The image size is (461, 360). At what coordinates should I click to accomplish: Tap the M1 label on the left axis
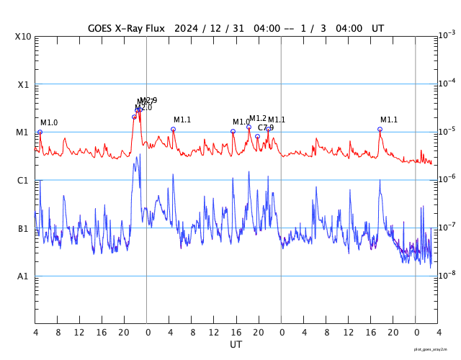tap(23, 132)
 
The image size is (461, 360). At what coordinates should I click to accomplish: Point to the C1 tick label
tap(23, 181)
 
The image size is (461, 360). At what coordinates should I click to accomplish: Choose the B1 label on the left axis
tap(23, 229)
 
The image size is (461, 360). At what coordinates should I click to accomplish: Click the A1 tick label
tap(23, 276)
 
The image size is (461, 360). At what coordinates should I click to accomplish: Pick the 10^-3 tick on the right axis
tap(447, 35)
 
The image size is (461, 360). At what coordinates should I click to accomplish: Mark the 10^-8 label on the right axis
tap(447, 274)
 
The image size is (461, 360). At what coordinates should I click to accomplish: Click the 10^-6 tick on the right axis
tap(447, 179)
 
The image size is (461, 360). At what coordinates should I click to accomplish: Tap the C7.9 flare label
tap(266, 127)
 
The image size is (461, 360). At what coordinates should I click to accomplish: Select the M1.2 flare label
tap(258, 118)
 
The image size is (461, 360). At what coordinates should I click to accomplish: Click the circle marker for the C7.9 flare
tap(257, 136)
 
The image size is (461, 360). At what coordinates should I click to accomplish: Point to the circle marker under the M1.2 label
tap(249, 127)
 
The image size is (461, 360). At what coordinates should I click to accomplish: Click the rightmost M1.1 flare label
tap(389, 120)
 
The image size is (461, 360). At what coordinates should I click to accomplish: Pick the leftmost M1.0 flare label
tap(49, 123)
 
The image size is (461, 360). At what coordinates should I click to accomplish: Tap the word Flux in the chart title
tap(153, 28)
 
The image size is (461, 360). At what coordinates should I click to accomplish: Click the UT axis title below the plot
tap(236, 345)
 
